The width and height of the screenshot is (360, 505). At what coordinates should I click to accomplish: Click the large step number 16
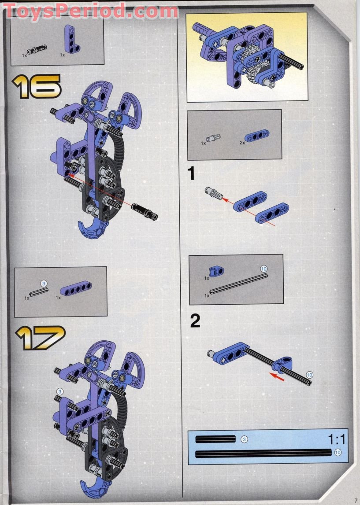point(37,86)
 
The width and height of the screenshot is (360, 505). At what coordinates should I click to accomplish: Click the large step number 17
point(40,338)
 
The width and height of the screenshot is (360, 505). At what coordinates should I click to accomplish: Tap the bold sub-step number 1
point(191,173)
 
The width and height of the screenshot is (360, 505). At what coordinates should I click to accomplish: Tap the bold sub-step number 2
point(195,321)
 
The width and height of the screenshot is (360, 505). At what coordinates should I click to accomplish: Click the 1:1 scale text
point(337,439)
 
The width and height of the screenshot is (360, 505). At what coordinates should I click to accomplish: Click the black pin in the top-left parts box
point(37,50)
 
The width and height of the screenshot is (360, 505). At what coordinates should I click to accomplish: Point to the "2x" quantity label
point(242,142)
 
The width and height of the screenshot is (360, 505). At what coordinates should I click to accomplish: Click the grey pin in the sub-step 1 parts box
point(213,138)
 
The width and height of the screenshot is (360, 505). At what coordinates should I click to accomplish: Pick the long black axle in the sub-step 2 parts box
point(239,284)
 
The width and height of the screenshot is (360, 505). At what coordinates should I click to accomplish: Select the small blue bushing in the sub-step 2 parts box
point(216,271)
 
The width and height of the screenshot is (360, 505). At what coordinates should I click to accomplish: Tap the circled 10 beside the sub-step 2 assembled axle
point(309,375)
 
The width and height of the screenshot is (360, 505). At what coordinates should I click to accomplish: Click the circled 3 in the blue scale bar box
point(244,439)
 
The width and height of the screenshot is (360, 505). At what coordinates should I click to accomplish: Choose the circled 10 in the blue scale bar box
point(338,453)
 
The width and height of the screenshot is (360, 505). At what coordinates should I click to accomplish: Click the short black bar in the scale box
point(215,439)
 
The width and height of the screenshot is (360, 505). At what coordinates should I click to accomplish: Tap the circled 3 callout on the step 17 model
point(60,391)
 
